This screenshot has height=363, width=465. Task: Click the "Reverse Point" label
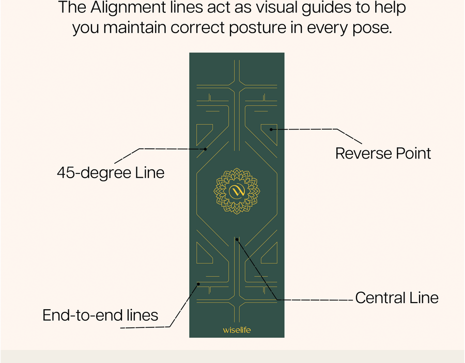tap(383, 153)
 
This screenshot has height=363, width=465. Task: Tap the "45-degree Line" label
tap(111, 172)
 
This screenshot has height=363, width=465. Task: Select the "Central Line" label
tap(397, 298)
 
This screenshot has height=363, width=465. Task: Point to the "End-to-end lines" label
tap(100, 315)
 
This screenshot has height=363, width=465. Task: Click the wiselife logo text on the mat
tap(237, 329)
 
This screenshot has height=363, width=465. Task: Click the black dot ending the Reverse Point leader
tap(271, 129)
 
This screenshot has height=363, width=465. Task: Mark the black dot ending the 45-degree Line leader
tap(205, 149)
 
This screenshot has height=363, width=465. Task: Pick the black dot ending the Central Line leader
tap(237, 240)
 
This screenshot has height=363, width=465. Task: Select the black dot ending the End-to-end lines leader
tap(199, 283)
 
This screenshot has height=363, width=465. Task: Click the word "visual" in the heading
tap(259, 8)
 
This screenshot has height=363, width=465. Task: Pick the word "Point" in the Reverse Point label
tap(411, 153)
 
